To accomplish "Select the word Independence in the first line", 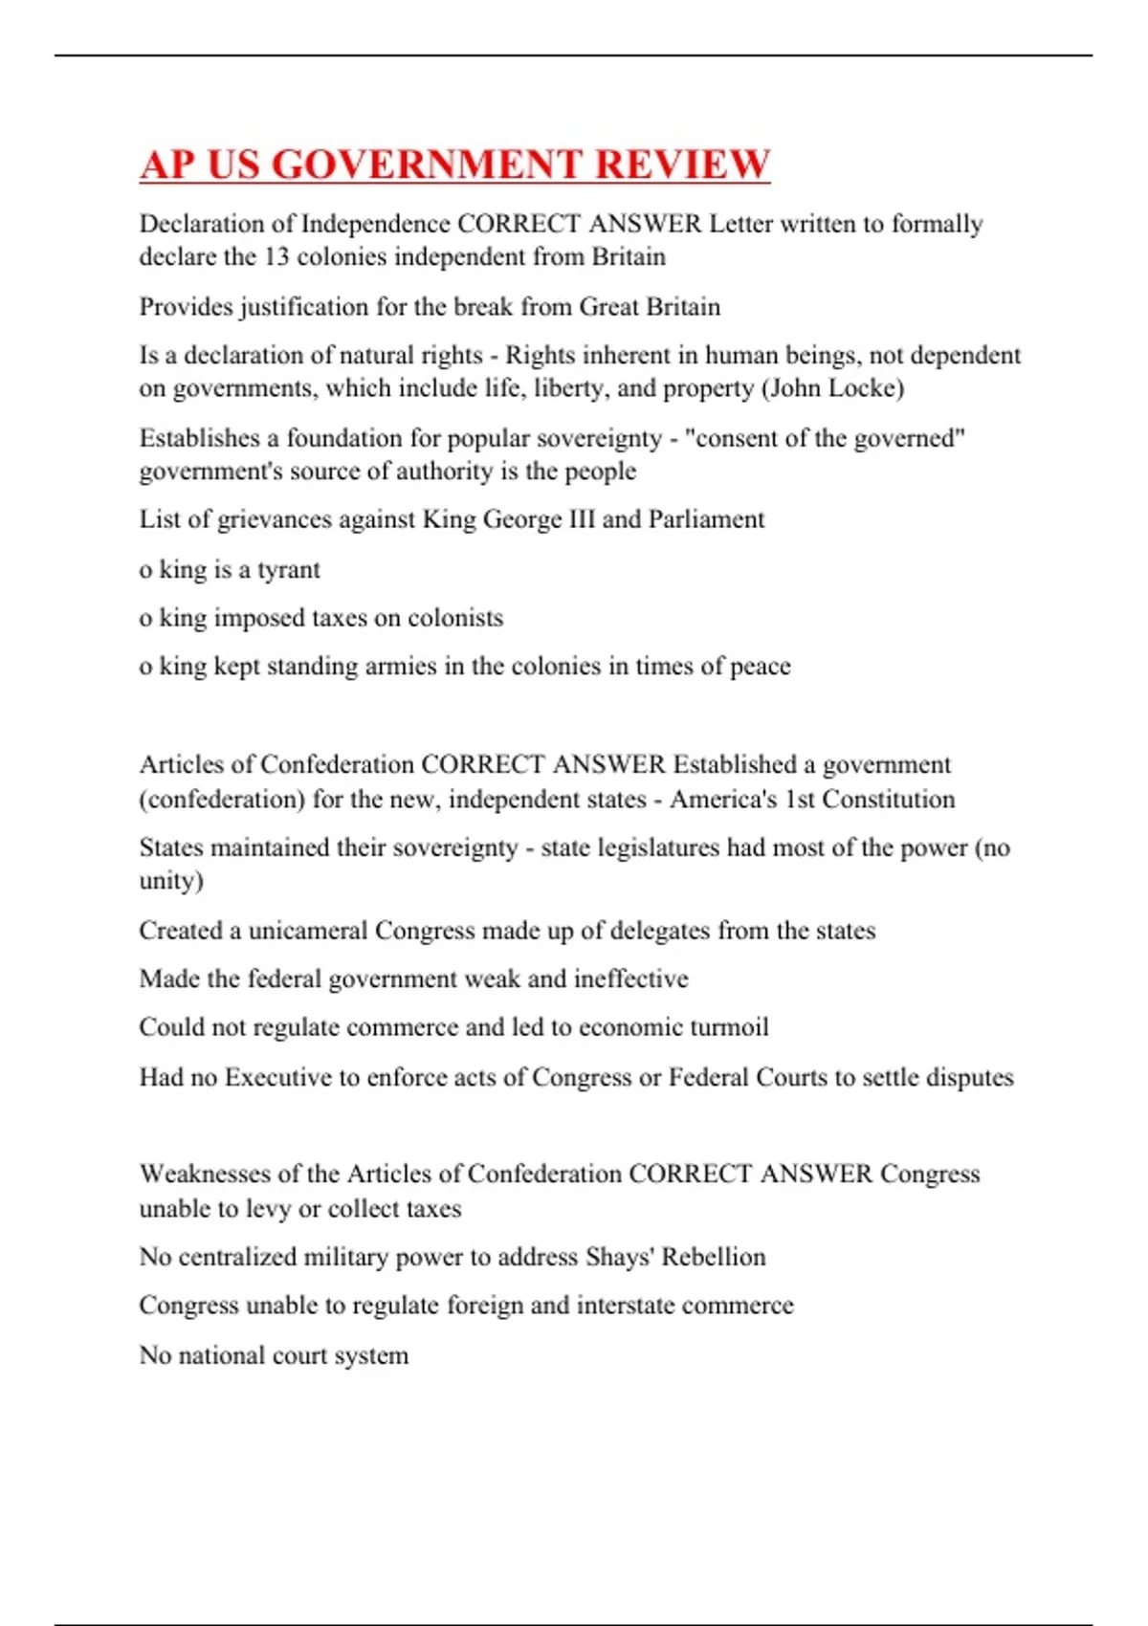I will point(375,224).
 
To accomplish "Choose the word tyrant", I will point(288,570).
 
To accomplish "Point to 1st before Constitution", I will point(799,799).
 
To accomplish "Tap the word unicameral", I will point(307,931).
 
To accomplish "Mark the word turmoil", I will point(727,1027).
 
